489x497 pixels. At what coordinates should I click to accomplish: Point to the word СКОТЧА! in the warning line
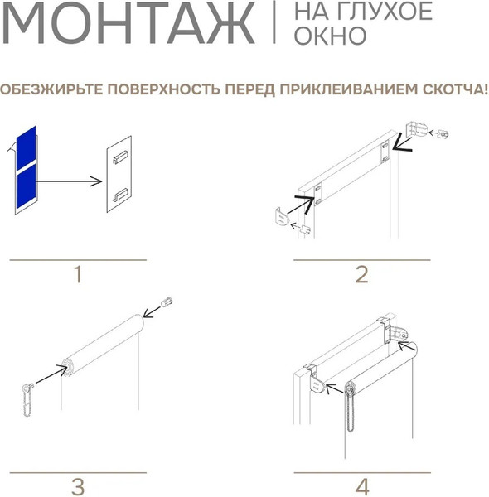pos(455,88)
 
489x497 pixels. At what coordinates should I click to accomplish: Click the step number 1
pos(78,274)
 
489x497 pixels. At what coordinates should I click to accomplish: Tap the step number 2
pos(361,274)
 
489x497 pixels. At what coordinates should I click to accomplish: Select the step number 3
pos(78,485)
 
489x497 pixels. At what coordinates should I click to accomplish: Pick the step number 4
pos(361,485)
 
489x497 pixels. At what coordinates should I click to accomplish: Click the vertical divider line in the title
pos(274,24)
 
